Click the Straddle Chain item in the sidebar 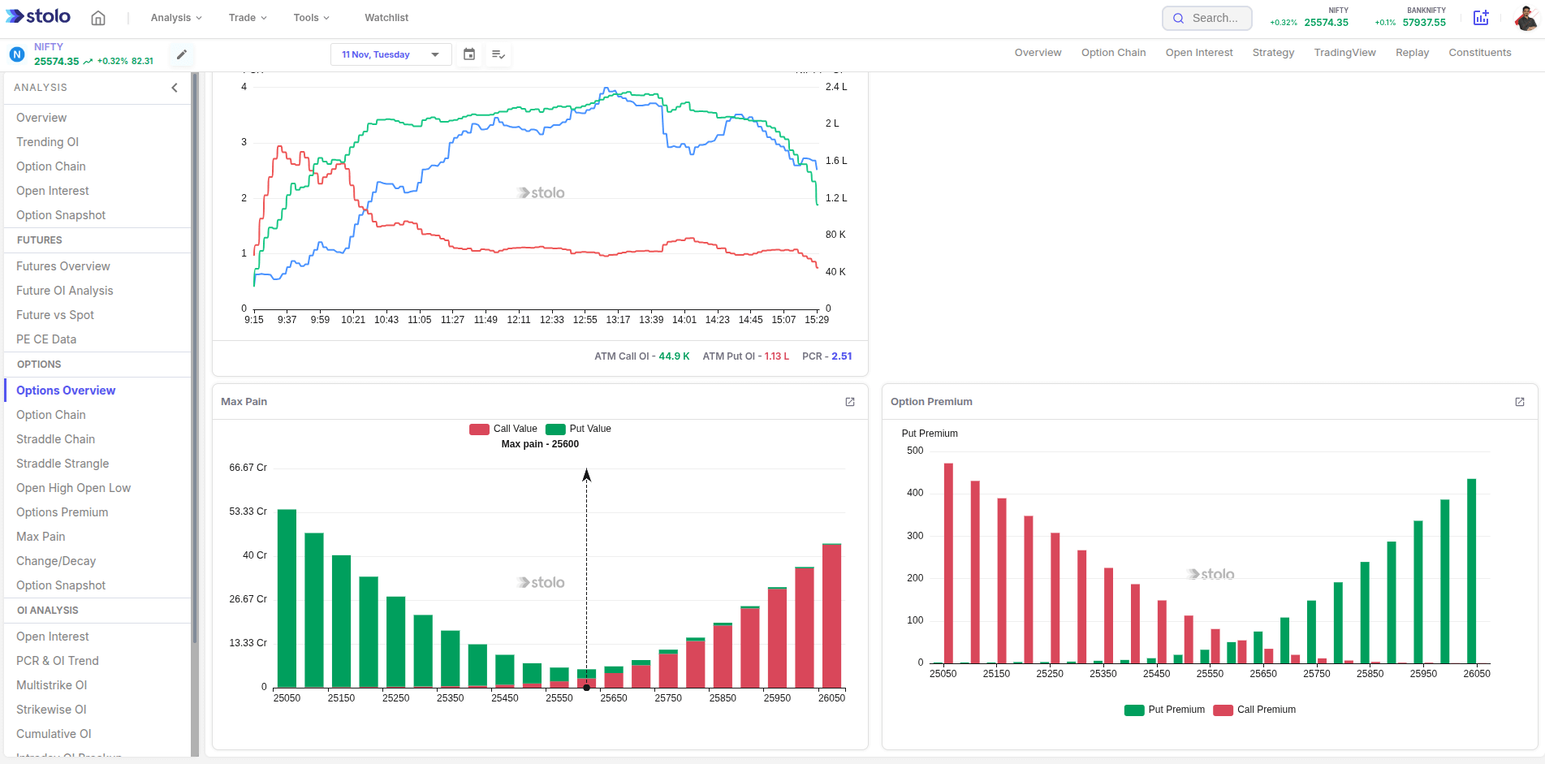click(55, 439)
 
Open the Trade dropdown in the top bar click(247, 17)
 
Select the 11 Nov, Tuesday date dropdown click(391, 54)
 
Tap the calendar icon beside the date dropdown click(469, 54)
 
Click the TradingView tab click(1344, 53)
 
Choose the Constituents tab click(1479, 53)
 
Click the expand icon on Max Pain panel click(850, 402)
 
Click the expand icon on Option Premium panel click(1519, 402)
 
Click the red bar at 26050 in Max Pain click(831, 617)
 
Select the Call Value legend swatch click(479, 429)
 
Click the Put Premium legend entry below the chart click(1165, 710)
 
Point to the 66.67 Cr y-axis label click(248, 468)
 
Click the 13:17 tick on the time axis click(618, 320)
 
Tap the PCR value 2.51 click(841, 356)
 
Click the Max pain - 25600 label click(540, 444)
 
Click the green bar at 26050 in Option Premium click(1471, 572)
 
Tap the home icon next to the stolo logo click(98, 18)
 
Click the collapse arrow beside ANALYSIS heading click(174, 88)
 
